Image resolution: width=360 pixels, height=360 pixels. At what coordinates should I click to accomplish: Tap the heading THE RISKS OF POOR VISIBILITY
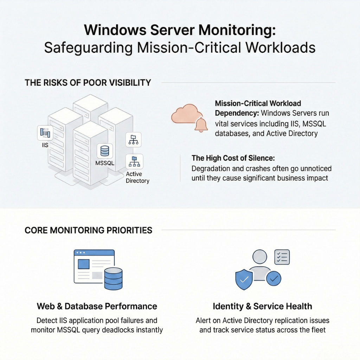[88, 83]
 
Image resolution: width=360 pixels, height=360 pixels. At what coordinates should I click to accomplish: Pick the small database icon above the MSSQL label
[105, 151]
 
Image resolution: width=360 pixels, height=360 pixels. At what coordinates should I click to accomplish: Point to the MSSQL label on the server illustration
[105, 163]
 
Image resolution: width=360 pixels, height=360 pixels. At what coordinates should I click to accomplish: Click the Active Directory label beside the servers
[137, 178]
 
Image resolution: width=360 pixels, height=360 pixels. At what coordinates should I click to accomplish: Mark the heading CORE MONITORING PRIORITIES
[88, 231]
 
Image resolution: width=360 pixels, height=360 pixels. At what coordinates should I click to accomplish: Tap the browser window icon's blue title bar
[94, 253]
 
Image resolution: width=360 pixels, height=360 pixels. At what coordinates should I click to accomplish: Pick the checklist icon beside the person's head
[281, 257]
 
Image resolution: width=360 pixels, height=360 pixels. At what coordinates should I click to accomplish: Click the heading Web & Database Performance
[97, 306]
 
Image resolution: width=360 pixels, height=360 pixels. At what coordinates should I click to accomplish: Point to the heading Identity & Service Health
[262, 306]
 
